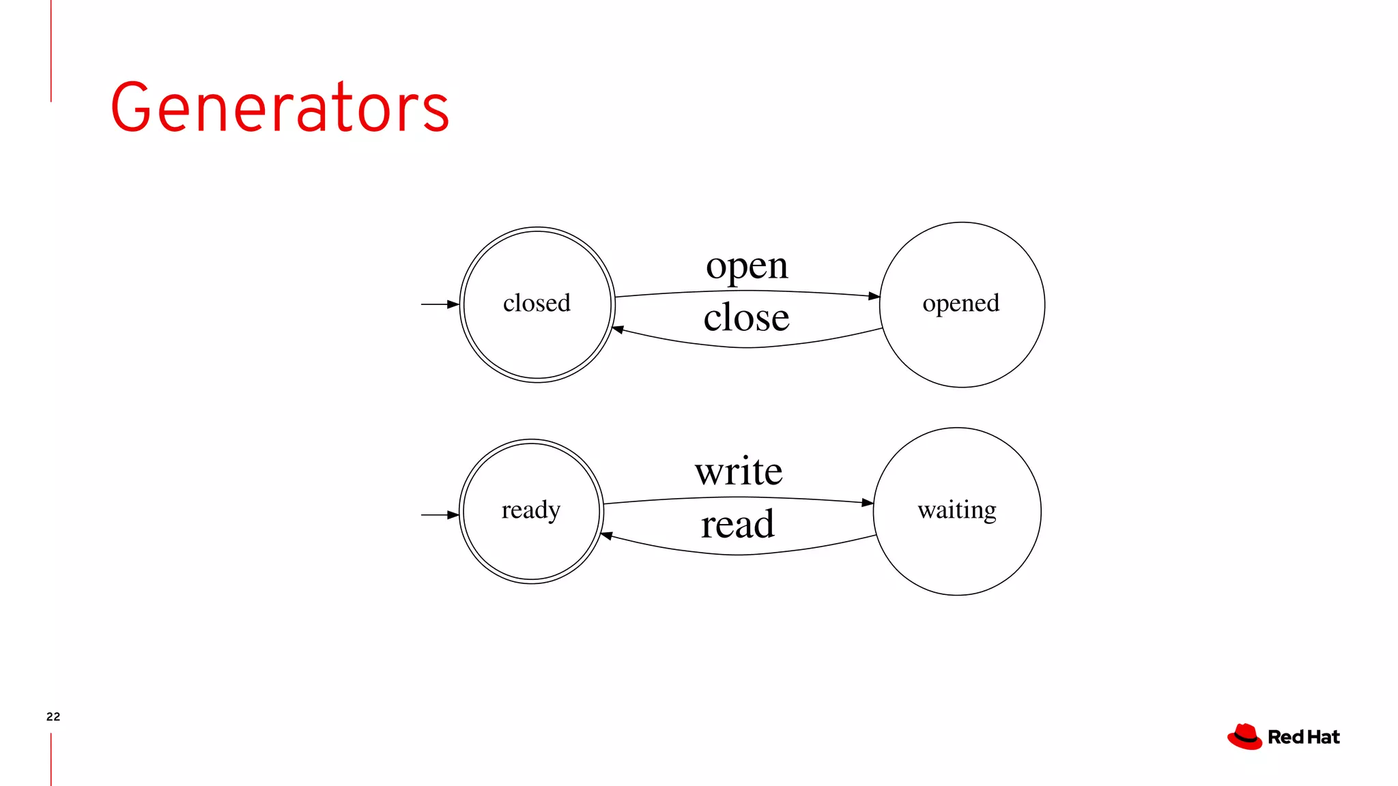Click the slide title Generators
tap(280, 107)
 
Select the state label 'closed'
tap(537, 303)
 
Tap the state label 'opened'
tap(960, 303)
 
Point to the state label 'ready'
tap(530, 510)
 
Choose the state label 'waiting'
tap(956, 510)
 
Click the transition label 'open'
tap(747, 266)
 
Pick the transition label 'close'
tap(746, 318)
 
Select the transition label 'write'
tap(739, 471)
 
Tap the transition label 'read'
tap(737, 525)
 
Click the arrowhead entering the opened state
tap(874, 296)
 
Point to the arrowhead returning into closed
tap(618, 330)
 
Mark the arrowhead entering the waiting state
tap(868, 503)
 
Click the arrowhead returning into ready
tap(606, 536)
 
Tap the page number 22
tap(53, 716)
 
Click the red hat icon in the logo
tap(1244, 737)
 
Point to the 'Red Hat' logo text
tap(1303, 738)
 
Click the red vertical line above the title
tap(51, 50)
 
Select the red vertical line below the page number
tap(51, 759)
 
